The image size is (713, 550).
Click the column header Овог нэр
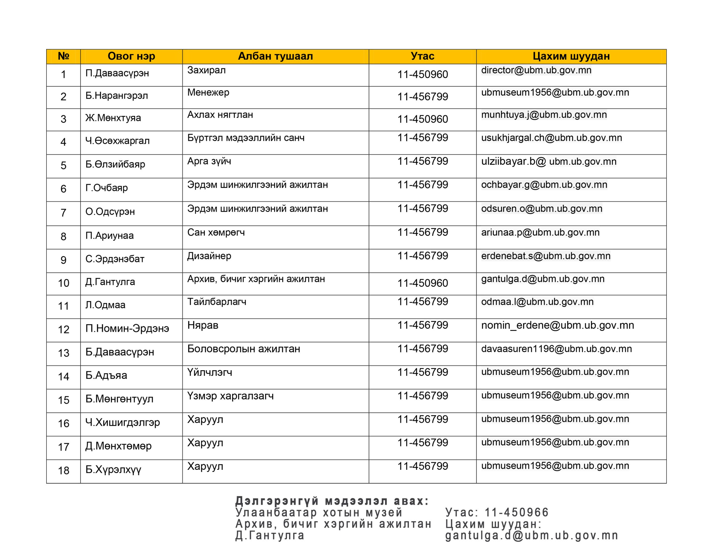coord(131,56)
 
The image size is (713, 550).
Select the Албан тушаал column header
coord(275,56)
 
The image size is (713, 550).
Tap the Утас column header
coord(423,56)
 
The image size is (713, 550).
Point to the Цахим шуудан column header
coord(571,56)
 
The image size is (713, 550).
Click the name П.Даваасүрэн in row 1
coord(117,73)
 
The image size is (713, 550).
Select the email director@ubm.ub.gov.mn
coord(536,70)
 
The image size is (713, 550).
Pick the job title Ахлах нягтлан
coord(220,115)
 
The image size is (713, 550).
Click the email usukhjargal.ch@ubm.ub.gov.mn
coord(551,138)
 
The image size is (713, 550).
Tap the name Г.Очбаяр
coord(106,188)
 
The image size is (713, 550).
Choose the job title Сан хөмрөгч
coord(216,233)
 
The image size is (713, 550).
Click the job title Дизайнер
coord(209,256)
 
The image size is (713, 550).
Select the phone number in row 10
coord(423,283)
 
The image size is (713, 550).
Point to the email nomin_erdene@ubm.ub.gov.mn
coord(557,326)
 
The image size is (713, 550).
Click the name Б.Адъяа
coord(106,376)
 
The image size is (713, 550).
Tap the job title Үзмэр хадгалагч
coord(230,396)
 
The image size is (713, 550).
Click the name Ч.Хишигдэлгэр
coord(123,423)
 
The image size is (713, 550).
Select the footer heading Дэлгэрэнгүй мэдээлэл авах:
coord(332,501)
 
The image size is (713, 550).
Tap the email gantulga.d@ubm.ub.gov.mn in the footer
coord(531,536)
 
